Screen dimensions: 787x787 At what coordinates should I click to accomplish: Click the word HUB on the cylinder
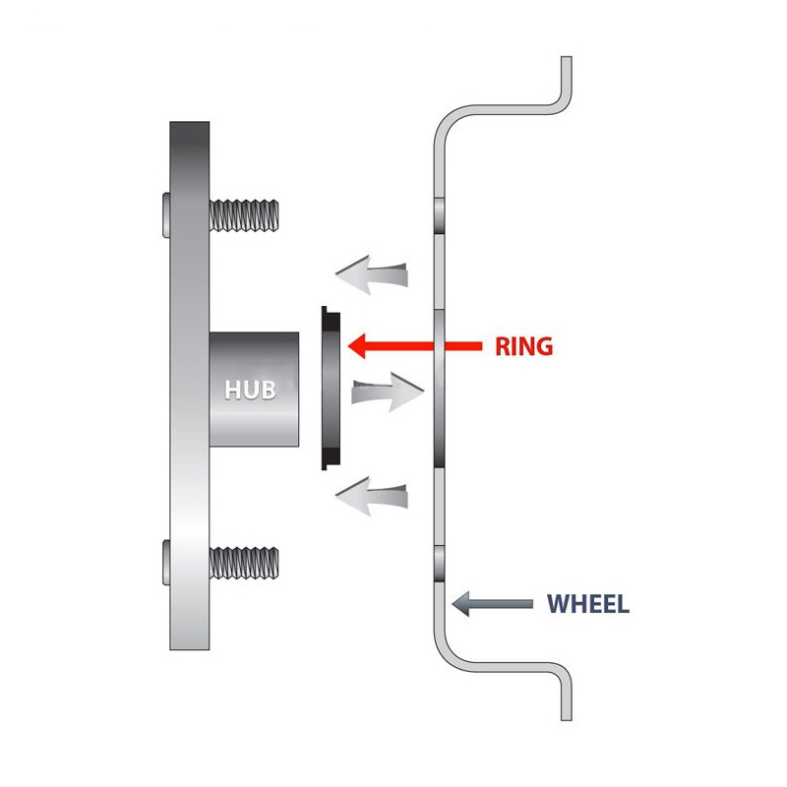pos(250,389)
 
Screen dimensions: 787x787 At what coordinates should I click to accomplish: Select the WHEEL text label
pos(587,603)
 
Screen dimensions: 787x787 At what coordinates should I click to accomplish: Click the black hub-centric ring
pos(331,389)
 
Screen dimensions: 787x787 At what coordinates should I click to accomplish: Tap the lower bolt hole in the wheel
pos(439,563)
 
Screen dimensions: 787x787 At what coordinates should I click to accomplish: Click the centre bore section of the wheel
pos(439,388)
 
